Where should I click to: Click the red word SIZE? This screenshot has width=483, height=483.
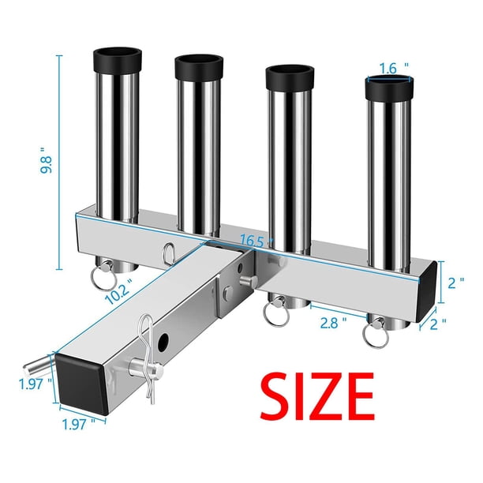pyautogui.click(x=317, y=396)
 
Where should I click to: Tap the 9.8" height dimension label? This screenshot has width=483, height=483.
pyautogui.click(x=47, y=160)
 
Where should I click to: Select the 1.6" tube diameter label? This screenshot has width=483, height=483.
pyautogui.click(x=393, y=69)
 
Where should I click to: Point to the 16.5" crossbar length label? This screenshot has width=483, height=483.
pyautogui.click(x=253, y=240)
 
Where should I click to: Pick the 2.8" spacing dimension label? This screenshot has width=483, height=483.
pyautogui.click(x=333, y=323)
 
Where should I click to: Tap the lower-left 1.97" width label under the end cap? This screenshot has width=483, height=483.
pyautogui.click(x=79, y=425)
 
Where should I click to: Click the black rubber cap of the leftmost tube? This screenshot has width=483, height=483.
pyautogui.click(x=118, y=60)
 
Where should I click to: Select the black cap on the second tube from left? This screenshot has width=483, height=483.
pyautogui.click(x=199, y=67)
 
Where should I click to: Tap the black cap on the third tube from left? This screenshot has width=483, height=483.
pyautogui.click(x=290, y=77)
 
